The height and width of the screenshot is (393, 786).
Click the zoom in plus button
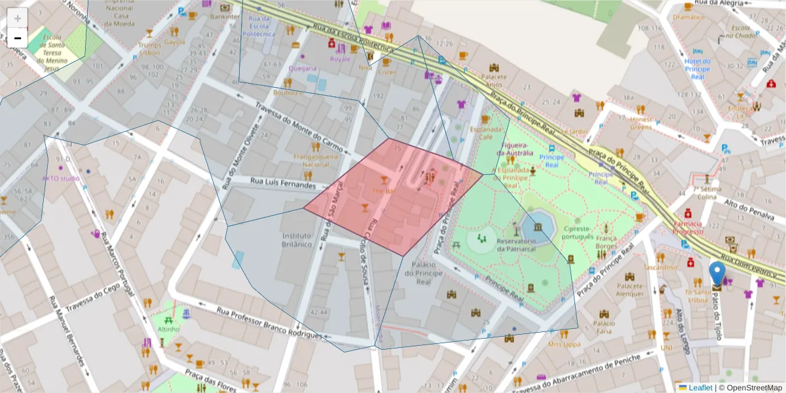18,18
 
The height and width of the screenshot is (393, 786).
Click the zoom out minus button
18,38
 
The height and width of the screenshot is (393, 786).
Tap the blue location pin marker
717,274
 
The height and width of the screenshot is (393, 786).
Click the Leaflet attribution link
700,388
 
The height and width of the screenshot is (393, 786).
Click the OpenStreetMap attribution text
750,388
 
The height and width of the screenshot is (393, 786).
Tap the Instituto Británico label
297,240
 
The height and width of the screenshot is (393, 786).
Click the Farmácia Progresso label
688,227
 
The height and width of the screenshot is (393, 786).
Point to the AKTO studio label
60,178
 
